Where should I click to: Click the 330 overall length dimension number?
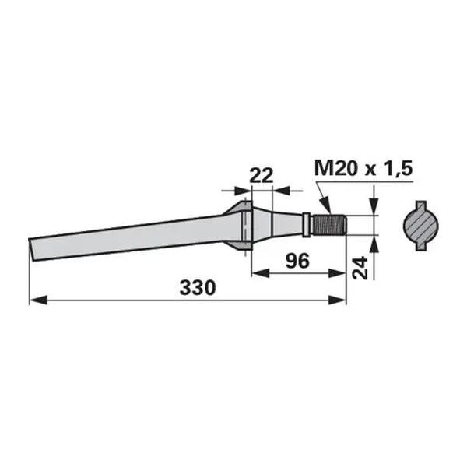pyautogui.click(x=198, y=288)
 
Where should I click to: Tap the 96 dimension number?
pyautogui.click(x=297, y=261)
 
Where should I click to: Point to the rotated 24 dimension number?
pyautogui.click(x=360, y=268)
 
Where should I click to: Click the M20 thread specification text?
pyautogui.click(x=335, y=168)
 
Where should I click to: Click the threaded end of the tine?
pyautogui.click(x=330, y=225)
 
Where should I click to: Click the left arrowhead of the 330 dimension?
pyautogui.click(x=38, y=300)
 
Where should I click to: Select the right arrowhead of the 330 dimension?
pyautogui.click(x=337, y=300)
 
